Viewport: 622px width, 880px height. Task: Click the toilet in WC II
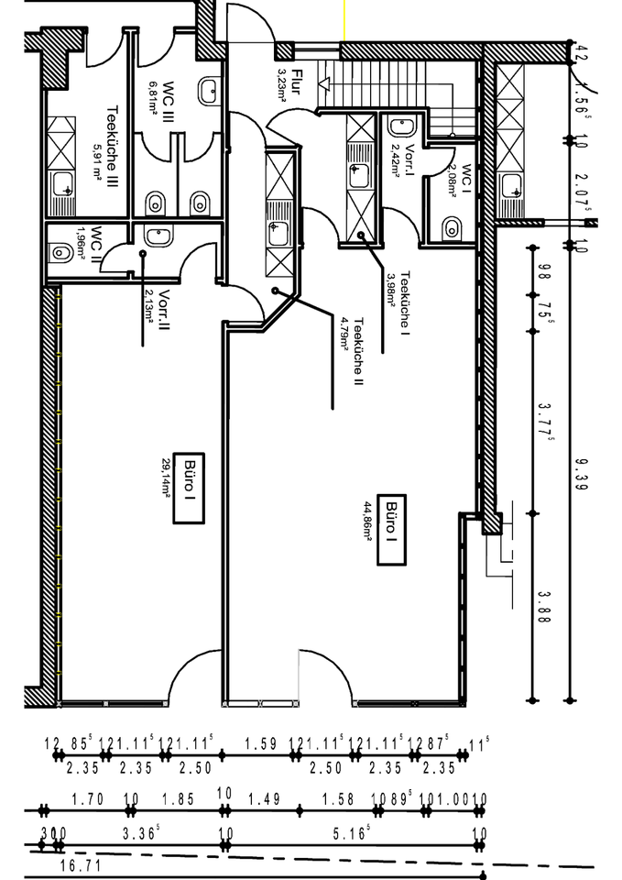pos(61,248)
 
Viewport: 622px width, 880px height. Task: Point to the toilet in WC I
pos(450,226)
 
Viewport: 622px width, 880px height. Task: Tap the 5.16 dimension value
pos(353,833)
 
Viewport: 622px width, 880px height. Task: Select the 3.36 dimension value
pos(140,833)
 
